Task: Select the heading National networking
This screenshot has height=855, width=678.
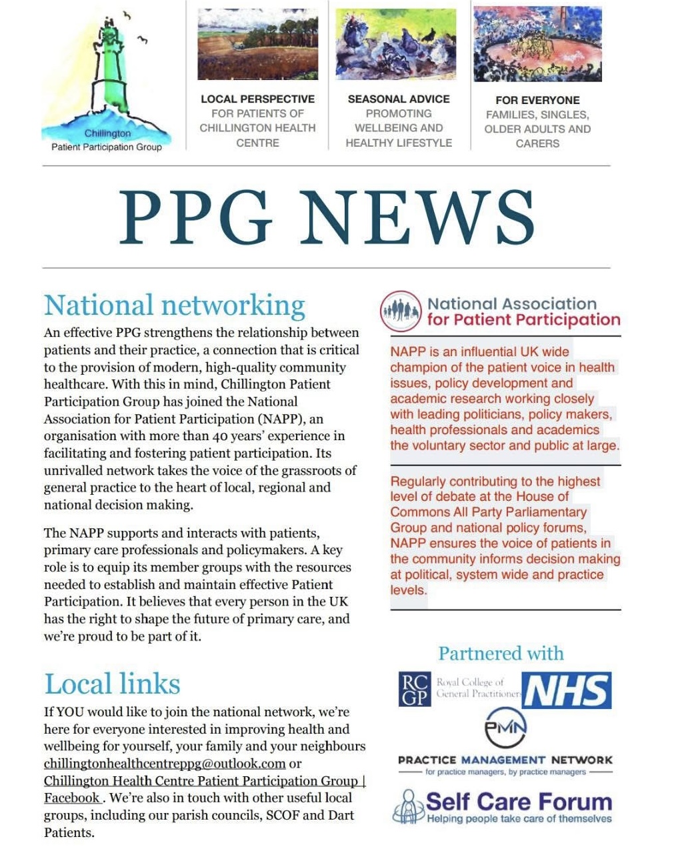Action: point(175,305)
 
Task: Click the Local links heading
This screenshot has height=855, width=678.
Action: point(112,684)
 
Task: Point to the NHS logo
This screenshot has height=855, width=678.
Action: point(567,691)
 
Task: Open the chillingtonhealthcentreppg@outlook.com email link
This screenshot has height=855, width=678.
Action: point(165,764)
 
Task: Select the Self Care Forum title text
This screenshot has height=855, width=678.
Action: point(519,801)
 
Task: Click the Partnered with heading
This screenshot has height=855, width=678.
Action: point(501,654)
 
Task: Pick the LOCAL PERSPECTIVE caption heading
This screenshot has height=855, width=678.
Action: point(257,99)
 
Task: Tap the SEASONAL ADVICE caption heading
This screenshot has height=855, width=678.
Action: point(399,99)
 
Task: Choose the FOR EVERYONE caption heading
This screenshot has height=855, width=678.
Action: point(537,100)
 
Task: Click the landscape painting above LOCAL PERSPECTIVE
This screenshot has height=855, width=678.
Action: point(258,44)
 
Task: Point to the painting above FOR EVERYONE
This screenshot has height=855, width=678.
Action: point(537,44)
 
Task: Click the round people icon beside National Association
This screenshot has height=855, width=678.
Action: point(401,311)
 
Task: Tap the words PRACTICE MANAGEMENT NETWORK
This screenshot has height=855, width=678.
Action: point(505,760)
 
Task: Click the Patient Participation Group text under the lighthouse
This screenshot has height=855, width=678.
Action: point(107,147)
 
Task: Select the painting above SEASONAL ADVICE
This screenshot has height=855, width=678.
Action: point(396,44)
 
